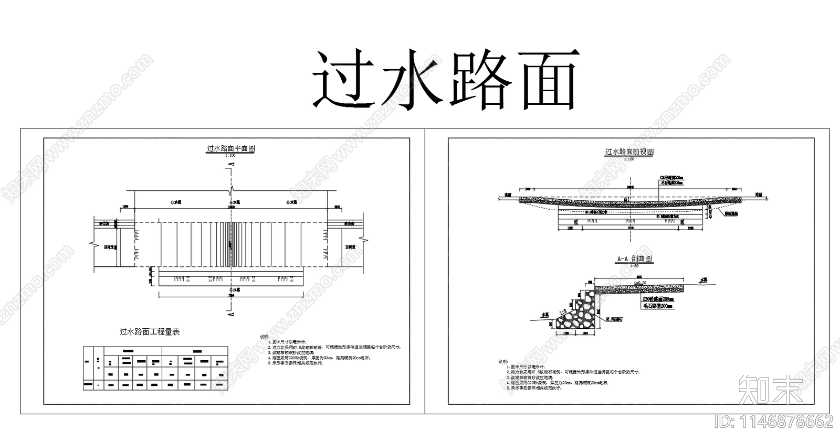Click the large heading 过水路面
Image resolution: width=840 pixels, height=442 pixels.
click(x=445, y=80)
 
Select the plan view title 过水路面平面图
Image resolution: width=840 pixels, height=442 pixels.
click(x=230, y=149)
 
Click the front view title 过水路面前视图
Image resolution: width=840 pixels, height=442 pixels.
click(x=629, y=152)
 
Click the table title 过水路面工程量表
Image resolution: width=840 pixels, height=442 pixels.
click(x=150, y=331)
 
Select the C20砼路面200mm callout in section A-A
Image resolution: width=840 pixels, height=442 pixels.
click(x=657, y=298)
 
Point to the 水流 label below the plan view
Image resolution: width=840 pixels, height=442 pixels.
click(x=231, y=289)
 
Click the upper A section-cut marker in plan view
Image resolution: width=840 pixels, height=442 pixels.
click(x=232, y=164)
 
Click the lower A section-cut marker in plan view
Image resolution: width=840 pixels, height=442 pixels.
click(x=231, y=314)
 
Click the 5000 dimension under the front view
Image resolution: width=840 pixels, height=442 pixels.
click(x=629, y=228)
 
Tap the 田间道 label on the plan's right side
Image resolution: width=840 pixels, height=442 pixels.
click(x=350, y=246)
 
